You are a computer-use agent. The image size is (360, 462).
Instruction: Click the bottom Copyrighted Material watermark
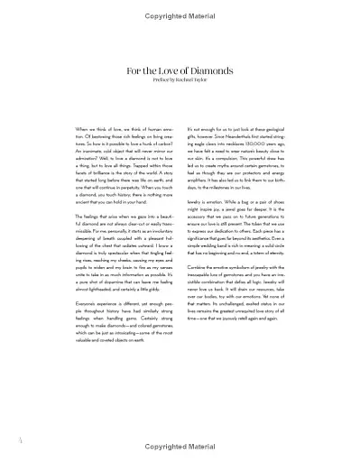coord(180,447)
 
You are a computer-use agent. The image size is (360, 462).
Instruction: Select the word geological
coord(286,129)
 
